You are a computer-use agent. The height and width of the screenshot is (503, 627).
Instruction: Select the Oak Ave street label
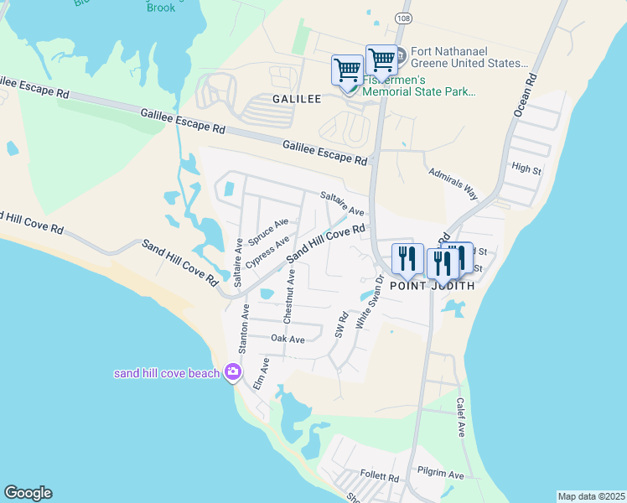[288, 339]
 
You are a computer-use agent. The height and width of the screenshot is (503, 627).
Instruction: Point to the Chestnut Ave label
[289, 295]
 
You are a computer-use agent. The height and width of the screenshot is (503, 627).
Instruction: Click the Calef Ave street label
[460, 417]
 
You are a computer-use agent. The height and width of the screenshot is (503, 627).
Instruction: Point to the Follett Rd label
[382, 477]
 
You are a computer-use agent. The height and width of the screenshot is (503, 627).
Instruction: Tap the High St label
[526, 169]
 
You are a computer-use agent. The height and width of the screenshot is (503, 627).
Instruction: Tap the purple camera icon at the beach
[233, 372]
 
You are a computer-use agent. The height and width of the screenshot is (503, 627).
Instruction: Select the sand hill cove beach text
[167, 373]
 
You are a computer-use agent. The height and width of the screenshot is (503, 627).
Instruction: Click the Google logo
[28, 493]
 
